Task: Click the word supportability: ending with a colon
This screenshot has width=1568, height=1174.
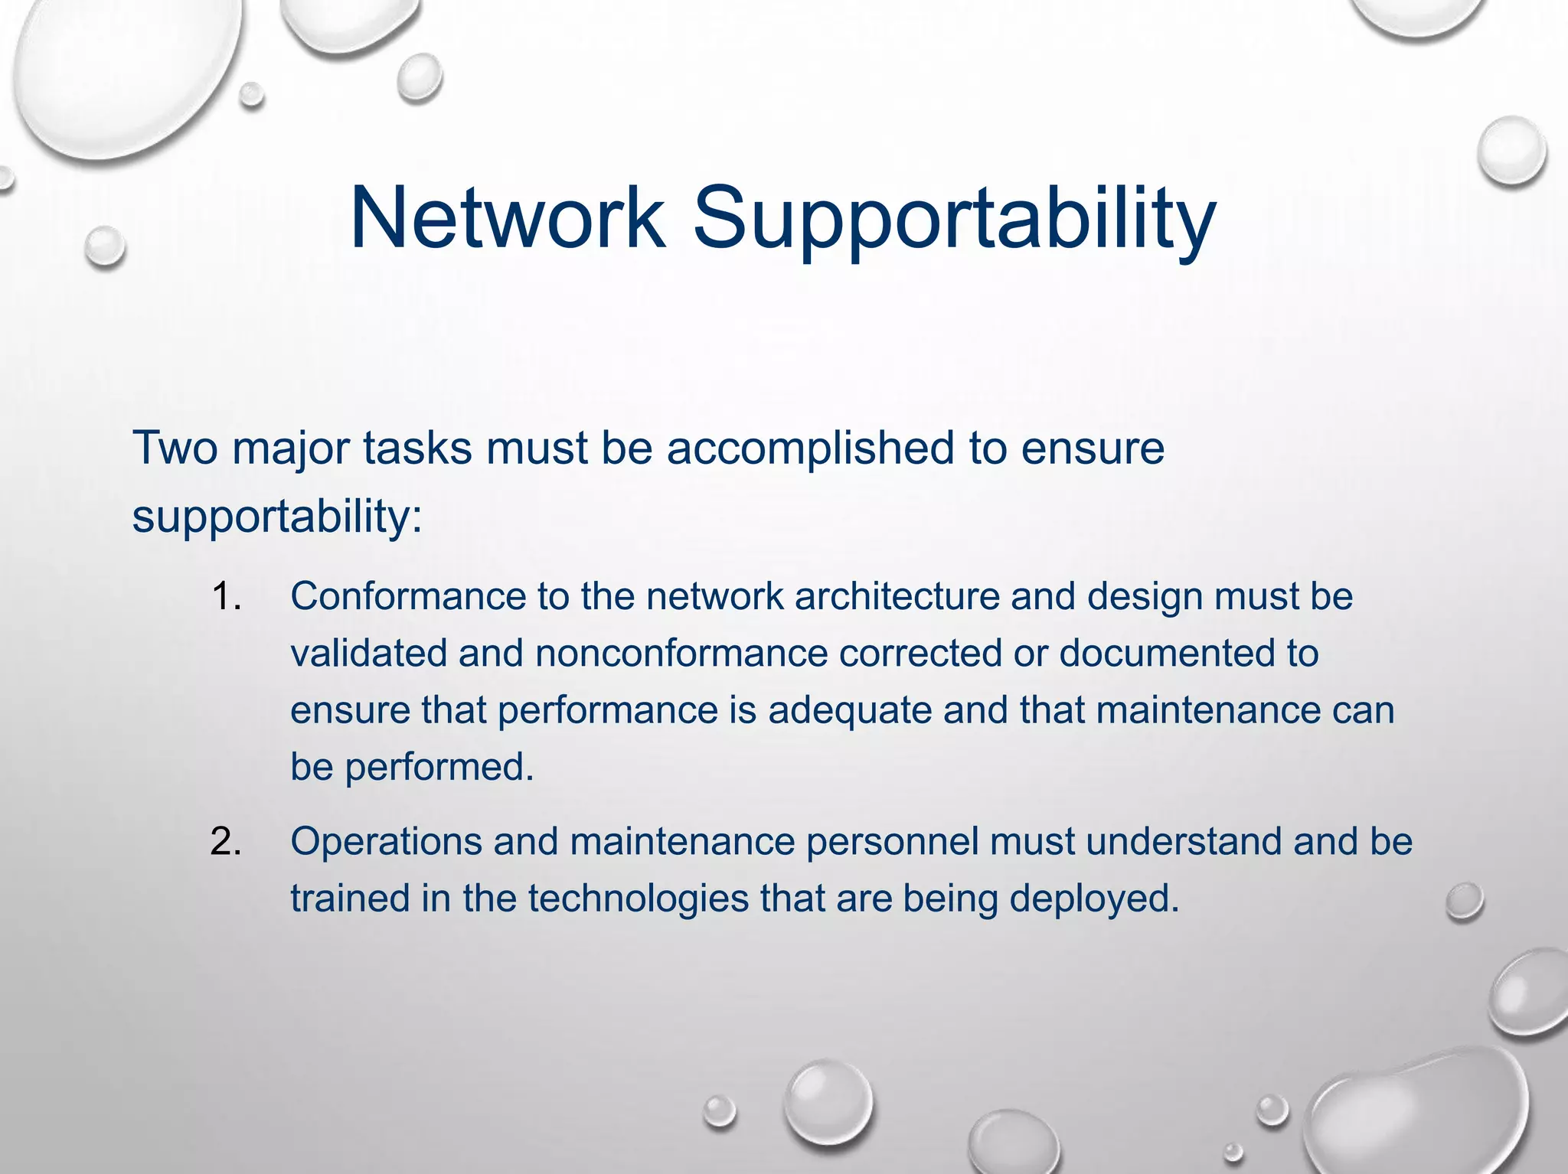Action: coord(277,517)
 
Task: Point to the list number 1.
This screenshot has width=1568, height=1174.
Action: coord(226,597)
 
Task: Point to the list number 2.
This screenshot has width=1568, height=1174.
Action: coord(226,842)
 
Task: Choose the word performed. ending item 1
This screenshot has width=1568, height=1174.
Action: coord(439,768)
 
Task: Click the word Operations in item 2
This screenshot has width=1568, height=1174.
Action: coord(386,842)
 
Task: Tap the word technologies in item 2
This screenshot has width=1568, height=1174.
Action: coord(638,899)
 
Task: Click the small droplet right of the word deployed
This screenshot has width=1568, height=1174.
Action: coord(1464,902)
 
